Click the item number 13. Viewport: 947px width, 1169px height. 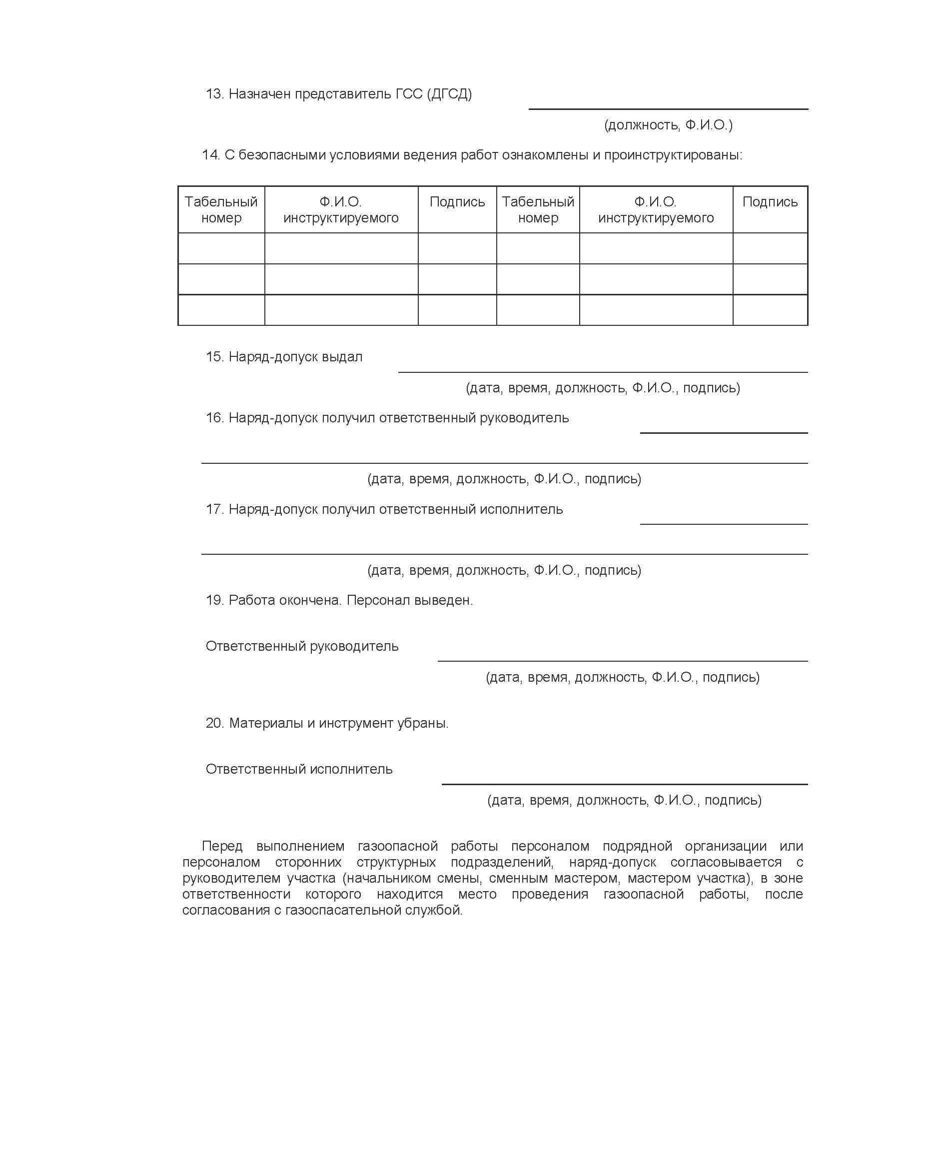(x=214, y=94)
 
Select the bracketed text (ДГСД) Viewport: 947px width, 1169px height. (x=449, y=94)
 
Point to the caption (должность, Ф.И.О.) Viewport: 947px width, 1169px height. (x=668, y=125)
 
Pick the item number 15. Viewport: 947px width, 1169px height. (x=214, y=357)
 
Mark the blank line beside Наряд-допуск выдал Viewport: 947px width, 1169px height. (x=602, y=371)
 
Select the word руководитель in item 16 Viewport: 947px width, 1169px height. (x=524, y=418)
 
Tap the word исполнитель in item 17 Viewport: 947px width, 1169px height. (x=521, y=509)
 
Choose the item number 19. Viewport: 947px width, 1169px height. (x=214, y=601)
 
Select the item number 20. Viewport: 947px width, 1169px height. (x=215, y=723)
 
